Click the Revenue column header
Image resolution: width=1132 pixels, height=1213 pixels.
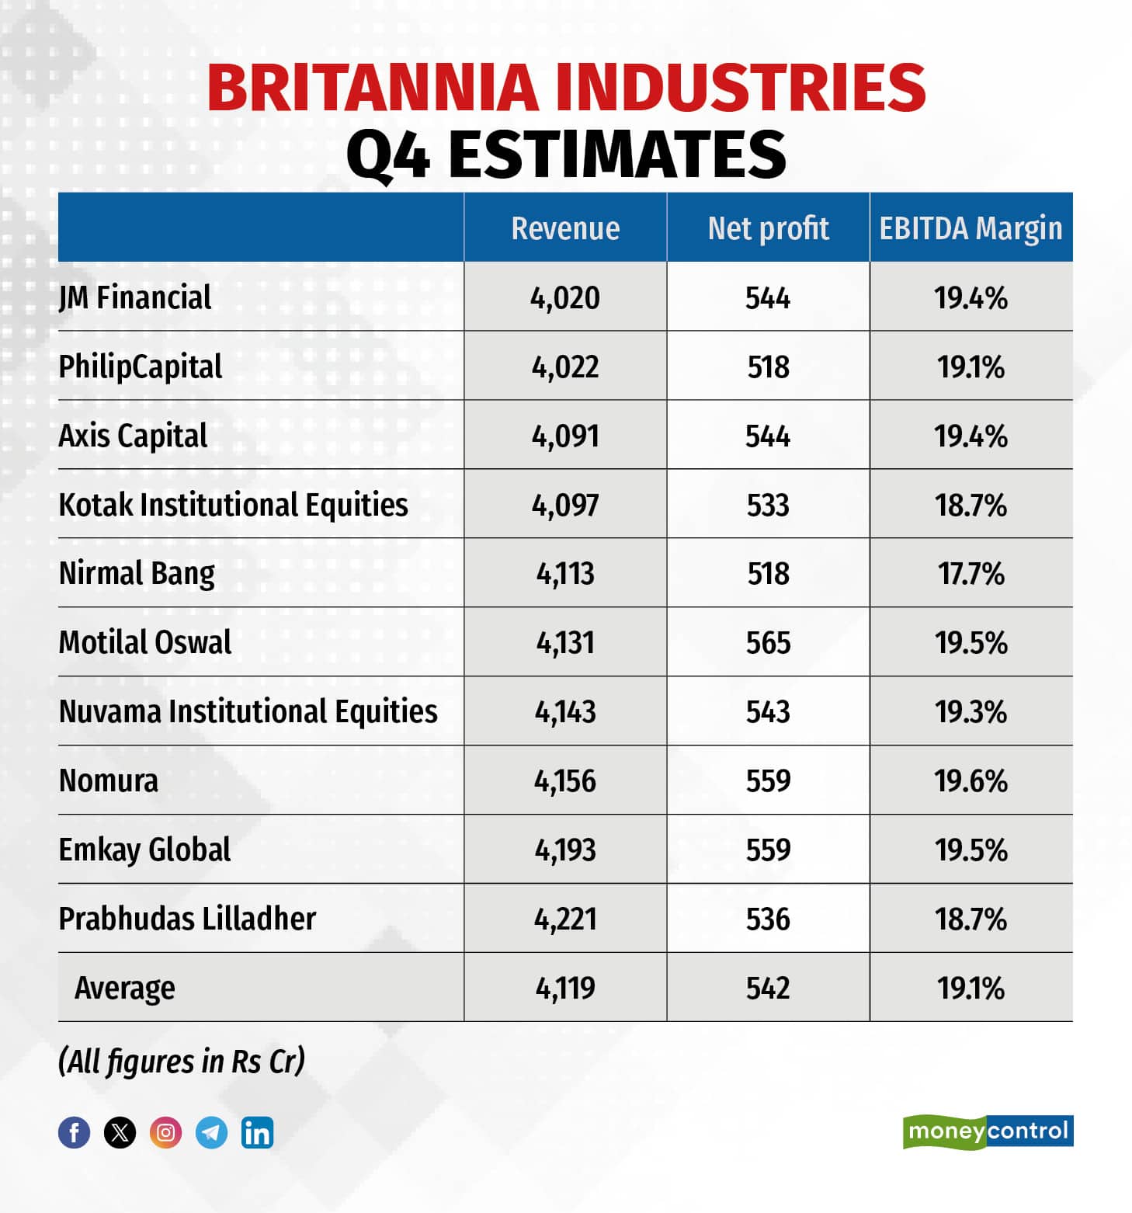click(565, 228)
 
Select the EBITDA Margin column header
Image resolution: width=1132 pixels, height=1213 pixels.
click(971, 228)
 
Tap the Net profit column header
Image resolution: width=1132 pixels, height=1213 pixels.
click(768, 228)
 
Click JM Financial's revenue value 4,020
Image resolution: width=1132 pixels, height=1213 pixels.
click(565, 297)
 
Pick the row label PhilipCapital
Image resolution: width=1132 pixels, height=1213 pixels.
click(141, 367)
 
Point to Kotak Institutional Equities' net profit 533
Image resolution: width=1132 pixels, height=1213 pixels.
click(768, 505)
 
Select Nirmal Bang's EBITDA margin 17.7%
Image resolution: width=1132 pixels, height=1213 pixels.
click(971, 574)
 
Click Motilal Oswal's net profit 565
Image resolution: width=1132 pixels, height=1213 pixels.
click(768, 643)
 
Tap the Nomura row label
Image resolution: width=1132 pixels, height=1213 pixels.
click(109, 780)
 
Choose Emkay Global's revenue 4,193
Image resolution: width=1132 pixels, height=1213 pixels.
click(565, 850)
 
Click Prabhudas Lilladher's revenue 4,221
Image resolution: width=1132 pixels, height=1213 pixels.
click(565, 919)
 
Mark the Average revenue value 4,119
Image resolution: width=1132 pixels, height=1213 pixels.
click(565, 988)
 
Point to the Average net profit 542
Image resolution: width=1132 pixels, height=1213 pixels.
click(768, 988)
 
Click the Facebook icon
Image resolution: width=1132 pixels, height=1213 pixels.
click(75, 1132)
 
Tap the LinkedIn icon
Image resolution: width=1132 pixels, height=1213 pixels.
click(257, 1132)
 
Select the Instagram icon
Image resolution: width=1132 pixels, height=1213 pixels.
click(165, 1132)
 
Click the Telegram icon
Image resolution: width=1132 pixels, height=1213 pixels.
click(211, 1132)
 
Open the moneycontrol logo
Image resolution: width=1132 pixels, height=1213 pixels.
click(988, 1131)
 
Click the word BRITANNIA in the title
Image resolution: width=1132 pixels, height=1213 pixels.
click(372, 87)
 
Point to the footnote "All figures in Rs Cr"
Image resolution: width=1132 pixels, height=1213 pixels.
click(182, 1061)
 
